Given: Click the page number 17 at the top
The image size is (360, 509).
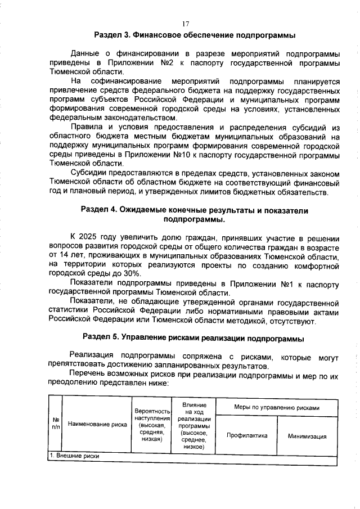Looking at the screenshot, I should coord(185,24).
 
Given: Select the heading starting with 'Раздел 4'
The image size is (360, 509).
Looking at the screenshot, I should coord(195,214).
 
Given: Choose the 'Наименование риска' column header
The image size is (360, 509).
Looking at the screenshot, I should coord(97,424).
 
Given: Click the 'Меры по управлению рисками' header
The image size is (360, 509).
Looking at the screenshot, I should coord(276,408).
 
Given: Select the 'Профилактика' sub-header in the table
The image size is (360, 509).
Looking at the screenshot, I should coord(246,435).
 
